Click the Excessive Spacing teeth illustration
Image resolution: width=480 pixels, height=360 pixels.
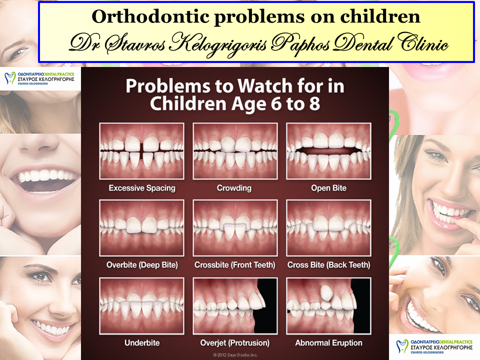(141, 151)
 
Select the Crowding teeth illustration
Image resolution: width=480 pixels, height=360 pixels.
(235, 151)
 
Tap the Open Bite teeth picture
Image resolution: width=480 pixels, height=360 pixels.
(329, 151)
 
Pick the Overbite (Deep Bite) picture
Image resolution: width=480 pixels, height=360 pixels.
(141, 228)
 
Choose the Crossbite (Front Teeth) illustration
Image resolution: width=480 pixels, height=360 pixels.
(235, 228)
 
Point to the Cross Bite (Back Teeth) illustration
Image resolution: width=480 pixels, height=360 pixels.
(329, 228)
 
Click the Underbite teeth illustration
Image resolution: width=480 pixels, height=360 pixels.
(141, 306)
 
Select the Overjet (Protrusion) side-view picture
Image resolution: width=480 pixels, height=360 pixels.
(235, 306)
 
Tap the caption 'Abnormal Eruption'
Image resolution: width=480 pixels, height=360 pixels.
(329, 343)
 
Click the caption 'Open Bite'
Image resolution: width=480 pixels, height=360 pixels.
(329, 188)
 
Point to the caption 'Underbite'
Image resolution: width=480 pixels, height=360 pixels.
(142, 343)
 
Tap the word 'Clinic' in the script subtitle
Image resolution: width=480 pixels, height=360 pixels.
(423, 43)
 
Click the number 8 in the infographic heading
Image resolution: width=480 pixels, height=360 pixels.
(314, 104)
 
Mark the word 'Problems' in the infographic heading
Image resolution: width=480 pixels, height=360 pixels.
(168, 86)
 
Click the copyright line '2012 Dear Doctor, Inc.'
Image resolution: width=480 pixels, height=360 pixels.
(235, 355)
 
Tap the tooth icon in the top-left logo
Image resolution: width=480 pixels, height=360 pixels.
(10, 78)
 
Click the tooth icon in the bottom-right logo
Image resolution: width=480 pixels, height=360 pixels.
(402, 346)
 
